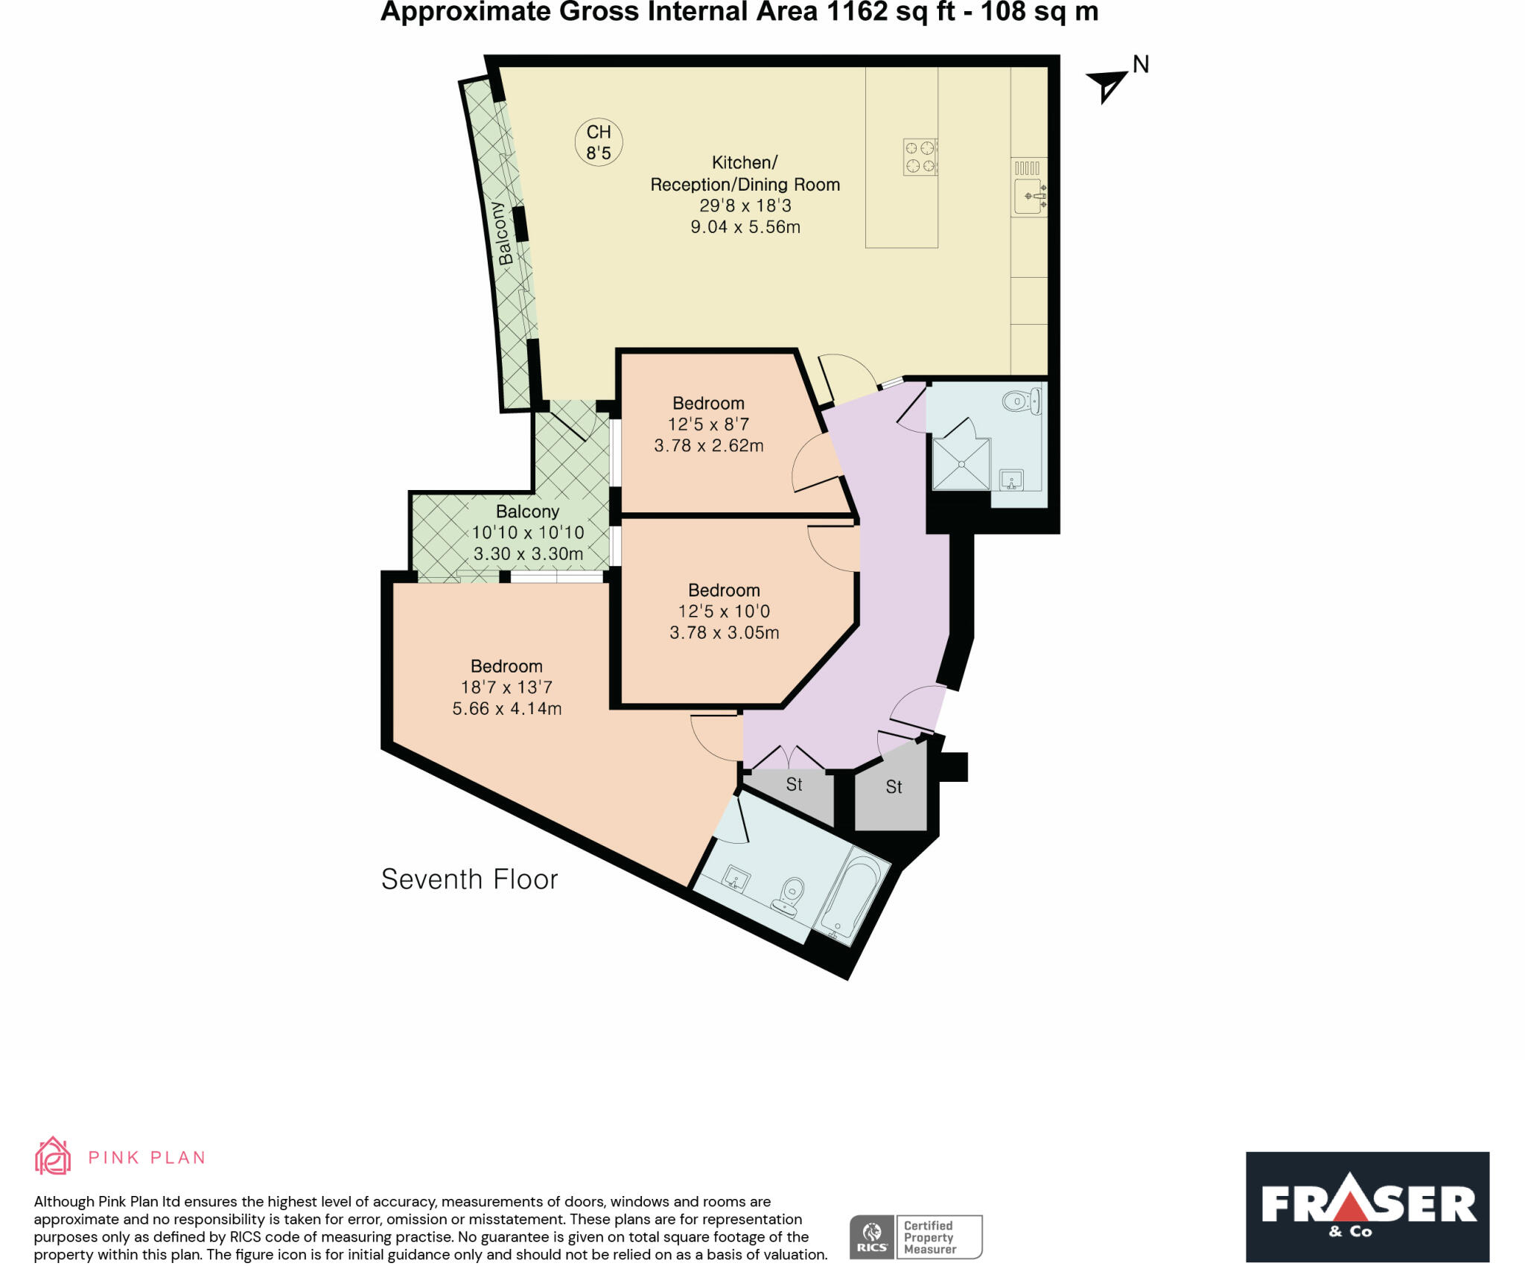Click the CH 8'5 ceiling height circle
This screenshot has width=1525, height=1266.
coord(599,142)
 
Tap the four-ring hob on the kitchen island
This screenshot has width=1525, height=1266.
coord(920,157)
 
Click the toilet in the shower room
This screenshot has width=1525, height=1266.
coord(1022,402)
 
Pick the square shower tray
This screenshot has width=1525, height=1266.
coord(961,464)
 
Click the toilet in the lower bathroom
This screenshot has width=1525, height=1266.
coord(790,896)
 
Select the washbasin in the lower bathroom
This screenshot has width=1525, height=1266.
coord(736,879)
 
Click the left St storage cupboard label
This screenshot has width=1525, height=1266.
coord(794,785)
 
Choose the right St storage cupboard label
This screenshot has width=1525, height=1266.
coord(894,787)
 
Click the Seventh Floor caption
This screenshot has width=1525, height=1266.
coord(469,879)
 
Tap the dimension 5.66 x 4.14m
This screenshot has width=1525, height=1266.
coord(506,708)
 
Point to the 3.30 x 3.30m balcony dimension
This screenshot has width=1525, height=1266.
coord(528,554)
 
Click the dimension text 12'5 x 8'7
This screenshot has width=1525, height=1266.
coord(708,424)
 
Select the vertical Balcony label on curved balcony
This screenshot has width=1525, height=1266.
coord(504,233)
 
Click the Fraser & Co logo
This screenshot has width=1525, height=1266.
coord(1367,1206)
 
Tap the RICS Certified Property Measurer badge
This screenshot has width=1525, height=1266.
coord(915,1237)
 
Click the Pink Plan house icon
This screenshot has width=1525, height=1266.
coord(53,1157)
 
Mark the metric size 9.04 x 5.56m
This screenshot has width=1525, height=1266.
coord(745,227)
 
